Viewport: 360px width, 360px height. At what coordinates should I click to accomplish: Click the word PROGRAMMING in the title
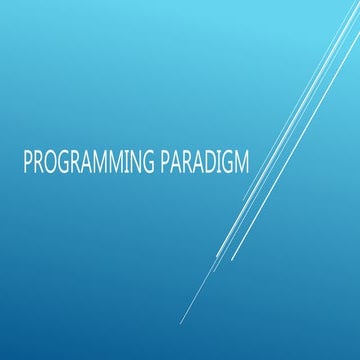[87, 162]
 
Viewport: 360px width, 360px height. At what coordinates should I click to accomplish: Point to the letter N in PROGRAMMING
[136, 162]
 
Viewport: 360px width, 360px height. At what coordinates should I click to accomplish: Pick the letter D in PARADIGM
[209, 162]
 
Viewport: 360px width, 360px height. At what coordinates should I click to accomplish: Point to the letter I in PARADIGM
[220, 162]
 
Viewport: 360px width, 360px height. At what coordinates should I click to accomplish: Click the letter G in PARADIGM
[230, 162]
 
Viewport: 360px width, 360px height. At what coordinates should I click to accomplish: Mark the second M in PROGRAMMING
[114, 162]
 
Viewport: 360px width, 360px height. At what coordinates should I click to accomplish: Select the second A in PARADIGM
[197, 162]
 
